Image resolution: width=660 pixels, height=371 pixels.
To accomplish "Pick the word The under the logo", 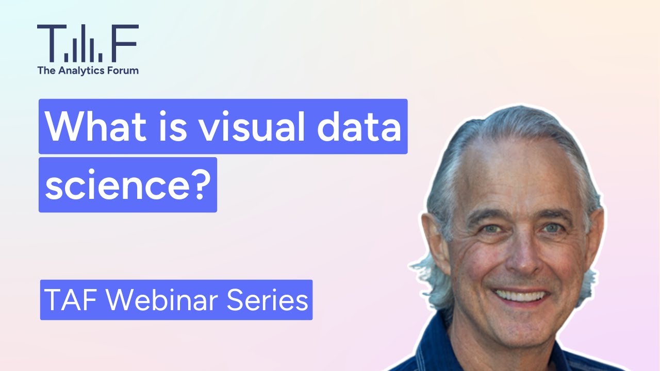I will coord(45,70).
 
